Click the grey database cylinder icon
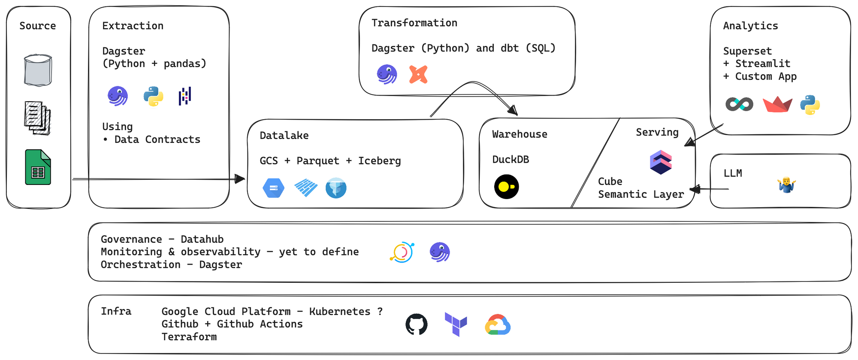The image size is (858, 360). tap(38, 70)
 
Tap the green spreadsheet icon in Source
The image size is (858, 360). tap(38, 167)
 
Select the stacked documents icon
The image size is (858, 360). tap(38, 118)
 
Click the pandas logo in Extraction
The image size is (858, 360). tap(185, 96)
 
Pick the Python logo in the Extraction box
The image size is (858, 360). tap(153, 96)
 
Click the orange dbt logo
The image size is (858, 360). tap(418, 74)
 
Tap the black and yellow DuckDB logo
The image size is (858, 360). tap(507, 187)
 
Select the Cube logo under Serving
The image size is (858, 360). tap(661, 162)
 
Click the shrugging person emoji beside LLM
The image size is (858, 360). tap(786, 185)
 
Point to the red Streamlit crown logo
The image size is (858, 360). tap(777, 105)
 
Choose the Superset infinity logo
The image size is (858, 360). tap(739, 104)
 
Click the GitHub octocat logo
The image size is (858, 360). tap(417, 324)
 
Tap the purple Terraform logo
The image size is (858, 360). tap(456, 324)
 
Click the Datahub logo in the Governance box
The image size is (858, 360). tap(402, 252)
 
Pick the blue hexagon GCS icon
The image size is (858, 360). tap(274, 188)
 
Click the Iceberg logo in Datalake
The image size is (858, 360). tap(336, 188)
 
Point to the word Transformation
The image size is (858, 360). tap(414, 23)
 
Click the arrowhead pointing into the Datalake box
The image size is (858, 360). tap(241, 179)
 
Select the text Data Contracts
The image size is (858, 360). tap(157, 139)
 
